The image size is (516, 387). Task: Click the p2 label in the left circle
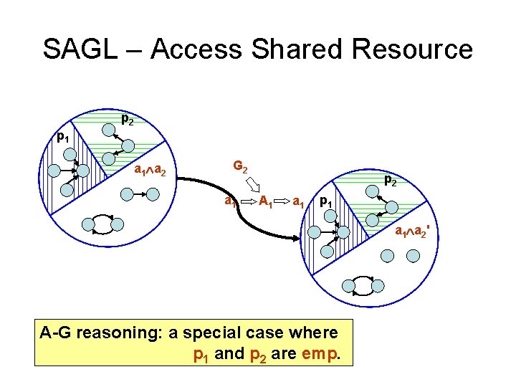click(127, 119)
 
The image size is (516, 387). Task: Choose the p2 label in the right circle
click(391, 181)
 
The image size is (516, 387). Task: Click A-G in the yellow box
click(56, 333)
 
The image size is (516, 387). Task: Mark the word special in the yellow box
click(225, 333)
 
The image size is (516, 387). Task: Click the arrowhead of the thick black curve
click(295, 239)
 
